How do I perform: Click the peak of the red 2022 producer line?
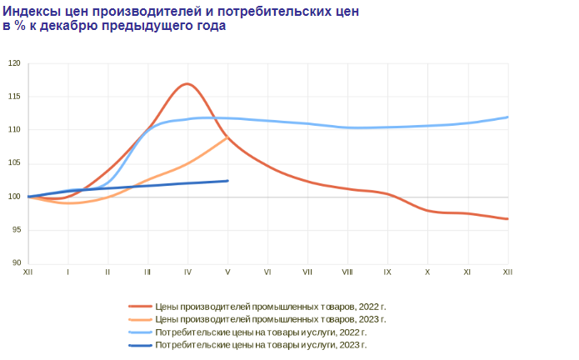[x=187, y=84]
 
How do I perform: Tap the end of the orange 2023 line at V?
[x=227, y=137]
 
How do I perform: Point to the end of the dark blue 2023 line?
[x=227, y=181]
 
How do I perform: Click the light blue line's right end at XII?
[x=507, y=117]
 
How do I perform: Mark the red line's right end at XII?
[x=507, y=219]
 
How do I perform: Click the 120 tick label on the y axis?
[x=14, y=63]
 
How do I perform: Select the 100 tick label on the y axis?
[x=14, y=197]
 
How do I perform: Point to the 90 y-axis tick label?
[x=17, y=262]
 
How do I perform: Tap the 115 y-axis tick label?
[x=14, y=97]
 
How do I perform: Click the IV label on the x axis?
[x=187, y=272]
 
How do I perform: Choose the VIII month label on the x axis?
[x=347, y=272]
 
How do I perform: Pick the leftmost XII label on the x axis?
[x=28, y=272]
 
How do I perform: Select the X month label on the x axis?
[x=427, y=272]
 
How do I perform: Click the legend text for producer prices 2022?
[x=271, y=307]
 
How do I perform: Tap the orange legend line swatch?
[x=140, y=319]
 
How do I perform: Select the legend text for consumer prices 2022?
[x=261, y=332]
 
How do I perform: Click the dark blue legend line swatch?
[x=140, y=346]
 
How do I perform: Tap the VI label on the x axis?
[x=267, y=272]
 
